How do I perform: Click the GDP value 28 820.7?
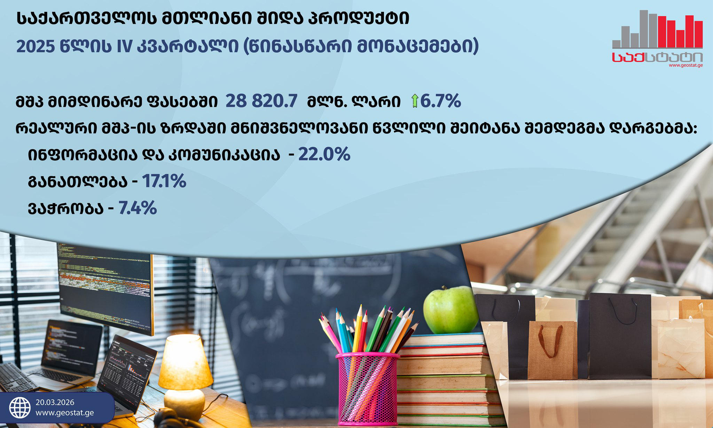[261, 101]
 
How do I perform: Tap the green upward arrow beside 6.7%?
[414, 101]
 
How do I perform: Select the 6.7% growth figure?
[441, 101]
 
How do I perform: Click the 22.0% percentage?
[324, 154]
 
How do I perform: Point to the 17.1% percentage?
[164, 181]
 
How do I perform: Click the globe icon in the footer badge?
[19, 408]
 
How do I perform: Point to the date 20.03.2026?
[55, 402]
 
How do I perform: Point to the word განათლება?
[78, 182]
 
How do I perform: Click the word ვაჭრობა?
[66, 209]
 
